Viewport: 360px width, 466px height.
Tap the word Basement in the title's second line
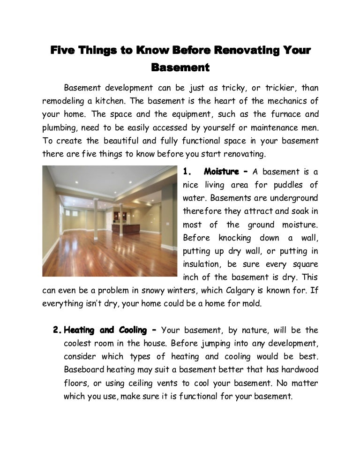coord(180,68)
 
